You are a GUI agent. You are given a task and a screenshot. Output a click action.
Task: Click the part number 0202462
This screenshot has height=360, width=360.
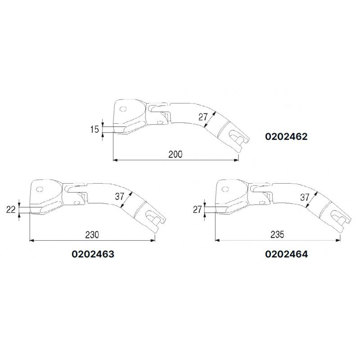[x=286, y=136]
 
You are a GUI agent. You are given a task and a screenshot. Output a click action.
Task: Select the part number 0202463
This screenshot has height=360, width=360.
[x=93, y=253]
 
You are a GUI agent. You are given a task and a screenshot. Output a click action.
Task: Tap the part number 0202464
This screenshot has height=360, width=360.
[x=287, y=253]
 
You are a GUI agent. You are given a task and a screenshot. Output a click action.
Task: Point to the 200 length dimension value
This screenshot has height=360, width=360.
[x=175, y=154]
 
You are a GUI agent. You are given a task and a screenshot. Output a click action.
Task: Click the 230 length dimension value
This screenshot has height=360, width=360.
[x=93, y=235]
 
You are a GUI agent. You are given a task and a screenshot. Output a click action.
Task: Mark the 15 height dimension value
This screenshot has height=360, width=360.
[x=94, y=130]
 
